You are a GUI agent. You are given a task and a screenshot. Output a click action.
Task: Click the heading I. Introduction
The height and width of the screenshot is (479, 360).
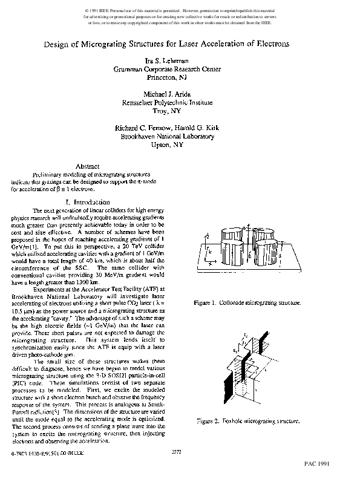point(87,201)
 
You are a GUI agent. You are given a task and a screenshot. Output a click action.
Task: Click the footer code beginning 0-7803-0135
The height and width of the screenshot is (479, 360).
point(42,451)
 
